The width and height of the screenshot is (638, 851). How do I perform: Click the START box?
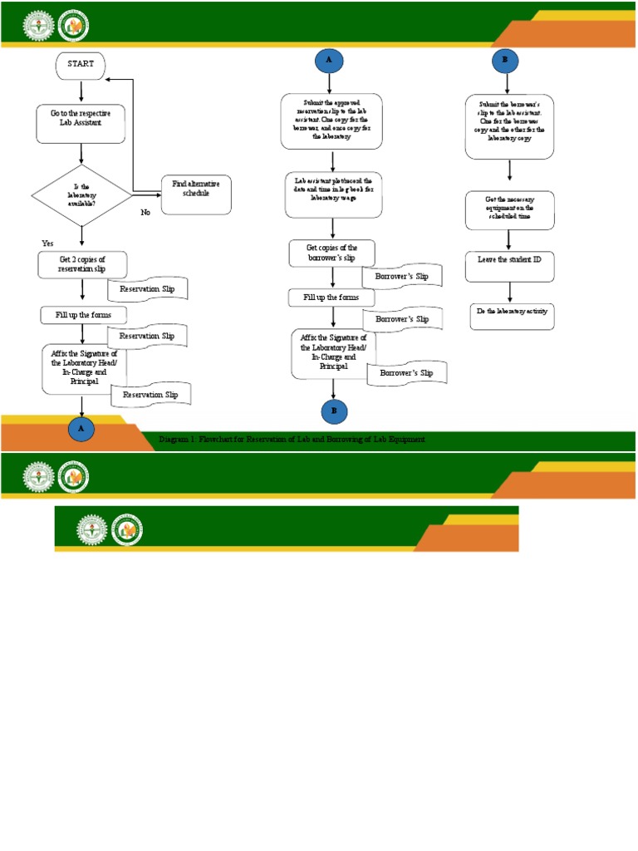coord(81,65)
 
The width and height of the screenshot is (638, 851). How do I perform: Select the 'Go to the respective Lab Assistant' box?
coord(81,123)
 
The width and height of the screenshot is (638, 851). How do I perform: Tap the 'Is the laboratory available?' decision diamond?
coord(81,195)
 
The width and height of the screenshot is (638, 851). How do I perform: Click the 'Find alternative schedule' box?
coord(196,194)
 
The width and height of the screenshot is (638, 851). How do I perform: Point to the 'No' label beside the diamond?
coord(145,213)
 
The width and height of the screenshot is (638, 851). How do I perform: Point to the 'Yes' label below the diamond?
coord(47,243)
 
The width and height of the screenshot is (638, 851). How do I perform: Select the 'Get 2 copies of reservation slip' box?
coord(82,264)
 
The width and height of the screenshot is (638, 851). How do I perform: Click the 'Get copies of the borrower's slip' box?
coord(331,253)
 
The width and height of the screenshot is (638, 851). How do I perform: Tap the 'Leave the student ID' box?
coord(509,260)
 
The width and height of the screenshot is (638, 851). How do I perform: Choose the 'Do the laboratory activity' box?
coord(511,316)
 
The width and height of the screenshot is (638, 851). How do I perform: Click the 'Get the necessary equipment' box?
coord(509,210)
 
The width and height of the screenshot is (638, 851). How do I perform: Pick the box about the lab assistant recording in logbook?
coord(333,194)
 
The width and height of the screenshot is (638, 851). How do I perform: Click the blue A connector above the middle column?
coord(330,61)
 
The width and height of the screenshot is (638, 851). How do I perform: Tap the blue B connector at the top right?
coord(504,60)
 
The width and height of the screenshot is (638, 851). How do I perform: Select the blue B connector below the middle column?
coord(333,411)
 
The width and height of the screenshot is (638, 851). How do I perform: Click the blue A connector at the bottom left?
coord(81,429)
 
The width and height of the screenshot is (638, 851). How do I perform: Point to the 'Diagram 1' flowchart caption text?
coord(292,439)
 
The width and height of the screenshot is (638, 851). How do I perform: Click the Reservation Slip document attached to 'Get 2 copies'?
coord(148,289)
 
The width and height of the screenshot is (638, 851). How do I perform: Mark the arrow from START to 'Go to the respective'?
coord(81,91)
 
